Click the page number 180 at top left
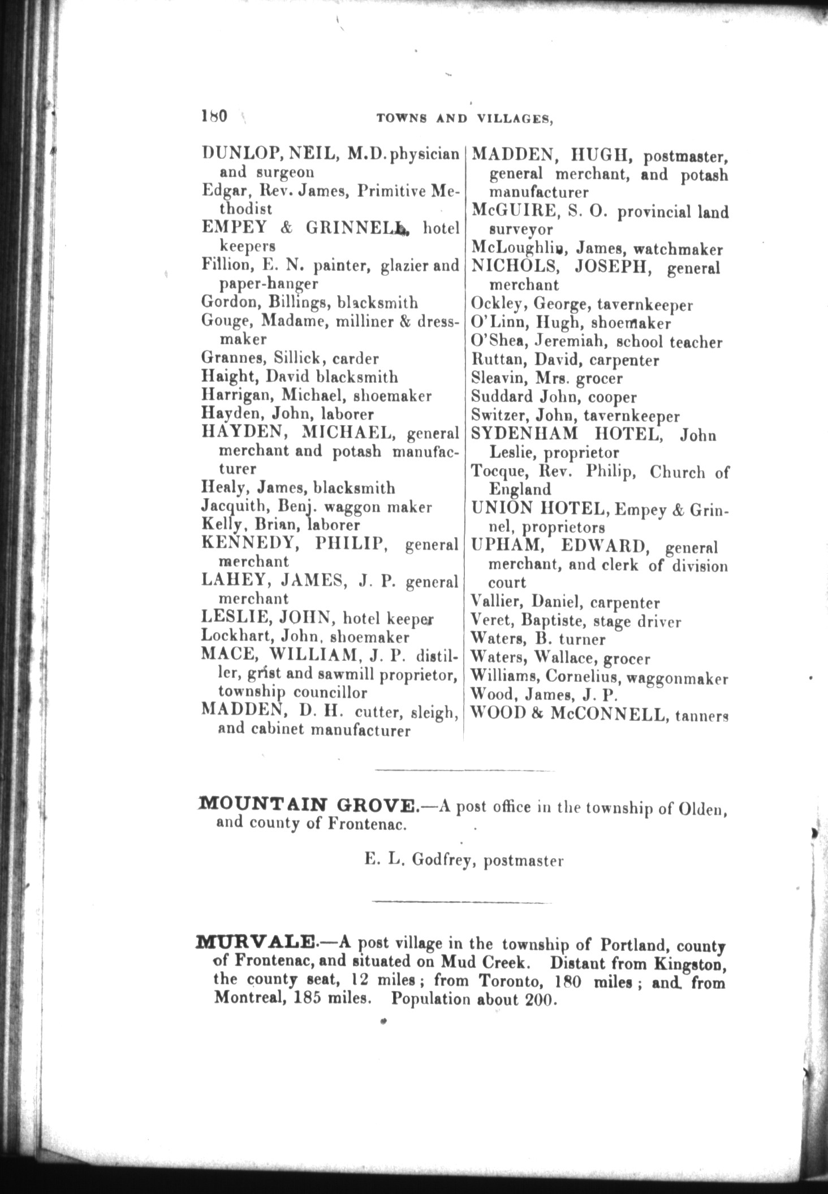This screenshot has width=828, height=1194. (x=214, y=116)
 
